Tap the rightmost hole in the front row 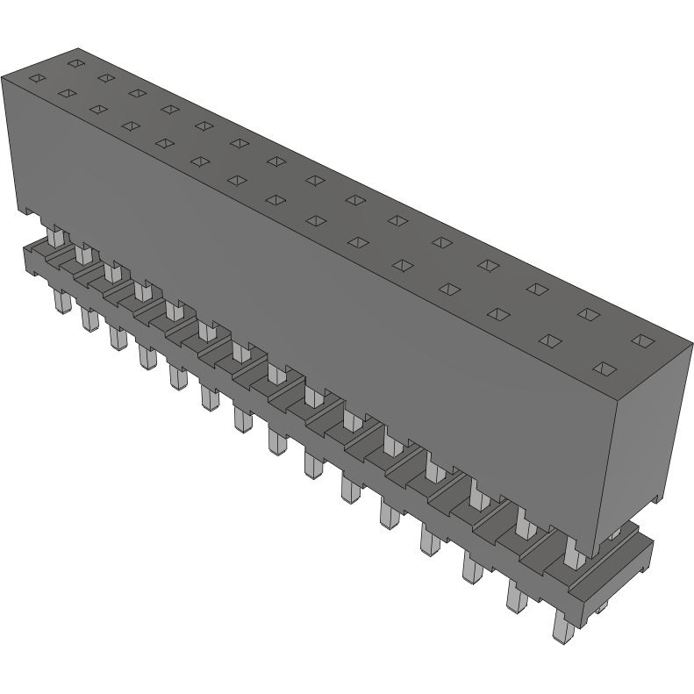click(x=603, y=368)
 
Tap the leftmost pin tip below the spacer click(x=61, y=304)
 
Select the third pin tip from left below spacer click(x=115, y=336)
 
